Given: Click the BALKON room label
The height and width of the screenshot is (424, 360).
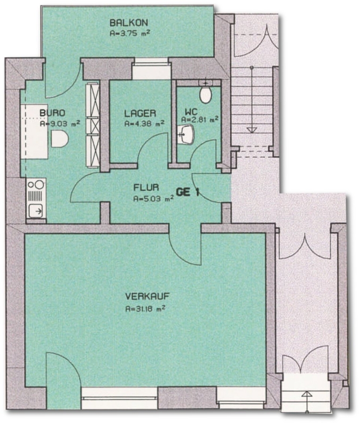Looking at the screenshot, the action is (129, 23).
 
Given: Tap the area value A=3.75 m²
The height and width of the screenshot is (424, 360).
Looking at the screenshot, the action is (130, 33).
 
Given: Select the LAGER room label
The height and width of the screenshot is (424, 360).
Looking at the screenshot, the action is (140, 113).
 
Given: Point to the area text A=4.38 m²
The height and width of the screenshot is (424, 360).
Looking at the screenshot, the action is (145, 123).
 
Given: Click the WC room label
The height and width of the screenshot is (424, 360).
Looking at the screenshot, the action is (191, 111).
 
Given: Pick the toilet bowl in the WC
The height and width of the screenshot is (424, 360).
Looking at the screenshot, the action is (205, 94).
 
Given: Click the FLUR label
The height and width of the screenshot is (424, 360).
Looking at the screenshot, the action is (146, 188).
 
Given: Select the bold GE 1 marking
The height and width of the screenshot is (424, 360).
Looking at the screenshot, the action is (188, 192).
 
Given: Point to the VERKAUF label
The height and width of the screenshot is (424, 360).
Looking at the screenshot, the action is (147, 296).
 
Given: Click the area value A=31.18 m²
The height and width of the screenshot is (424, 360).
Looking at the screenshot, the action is (146, 309).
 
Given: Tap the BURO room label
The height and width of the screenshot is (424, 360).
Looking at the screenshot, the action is (52, 113).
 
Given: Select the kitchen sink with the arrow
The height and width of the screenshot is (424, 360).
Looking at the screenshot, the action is (36, 211).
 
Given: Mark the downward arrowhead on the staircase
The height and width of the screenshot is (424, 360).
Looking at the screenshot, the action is (252, 130).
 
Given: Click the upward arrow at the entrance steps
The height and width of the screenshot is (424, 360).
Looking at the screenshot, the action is (307, 401).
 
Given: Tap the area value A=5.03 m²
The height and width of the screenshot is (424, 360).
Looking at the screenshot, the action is (153, 199).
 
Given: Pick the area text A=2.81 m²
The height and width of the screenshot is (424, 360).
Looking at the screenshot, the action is (200, 119).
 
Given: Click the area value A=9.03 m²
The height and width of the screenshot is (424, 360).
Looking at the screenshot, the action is (60, 123).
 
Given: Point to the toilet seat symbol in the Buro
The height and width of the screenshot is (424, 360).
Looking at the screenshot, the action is (59, 139).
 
